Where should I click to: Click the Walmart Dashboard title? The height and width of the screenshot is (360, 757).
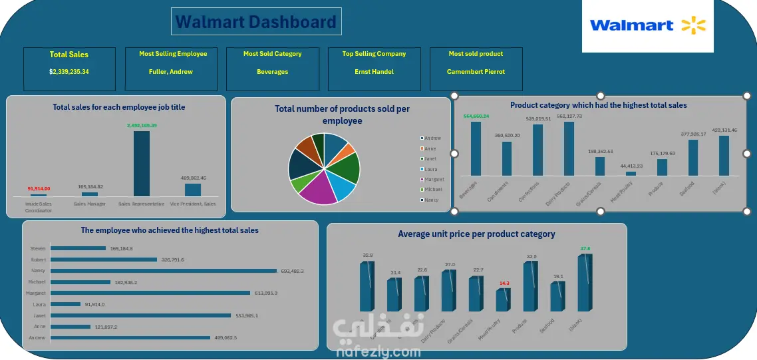click(x=256, y=22)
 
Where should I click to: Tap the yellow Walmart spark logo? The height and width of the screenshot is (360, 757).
click(x=693, y=26)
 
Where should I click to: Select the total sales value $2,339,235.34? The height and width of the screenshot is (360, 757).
click(x=69, y=72)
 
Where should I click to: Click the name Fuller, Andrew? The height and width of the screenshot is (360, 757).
click(x=171, y=72)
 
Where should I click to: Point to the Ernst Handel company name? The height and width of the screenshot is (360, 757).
click(x=374, y=72)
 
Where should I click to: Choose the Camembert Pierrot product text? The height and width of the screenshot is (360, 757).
click(x=476, y=72)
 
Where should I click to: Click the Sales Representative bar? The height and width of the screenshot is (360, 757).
click(x=142, y=163)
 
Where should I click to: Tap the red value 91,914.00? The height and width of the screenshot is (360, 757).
click(x=39, y=188)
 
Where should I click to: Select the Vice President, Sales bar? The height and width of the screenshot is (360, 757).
click(x=193, y=190)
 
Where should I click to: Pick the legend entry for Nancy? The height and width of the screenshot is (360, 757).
click(x=431, y=200)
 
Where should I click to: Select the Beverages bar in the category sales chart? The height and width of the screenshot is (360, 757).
click(x=476, y=149)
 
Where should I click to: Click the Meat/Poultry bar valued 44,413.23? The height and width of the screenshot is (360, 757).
click(x=631, y=174)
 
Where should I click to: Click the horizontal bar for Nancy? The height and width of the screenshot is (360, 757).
click(x=163, y=271)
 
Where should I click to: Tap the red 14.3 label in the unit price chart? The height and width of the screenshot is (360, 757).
click(x=504, y=283)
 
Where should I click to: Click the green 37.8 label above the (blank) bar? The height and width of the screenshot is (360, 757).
click(x=585, y=249)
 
